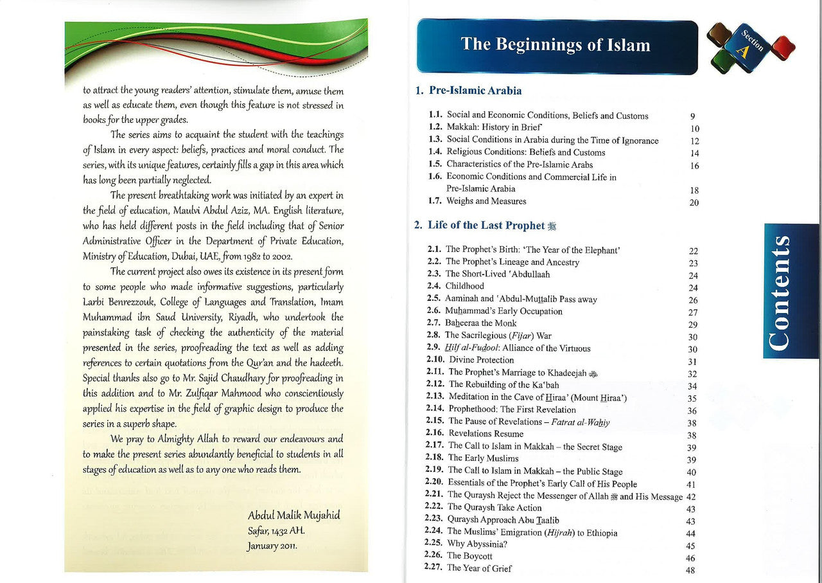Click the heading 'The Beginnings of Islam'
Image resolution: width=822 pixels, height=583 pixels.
click(555, 45)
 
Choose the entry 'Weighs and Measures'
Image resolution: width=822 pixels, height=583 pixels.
click(486, 201)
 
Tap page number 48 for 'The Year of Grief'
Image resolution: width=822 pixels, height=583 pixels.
click(691, 570)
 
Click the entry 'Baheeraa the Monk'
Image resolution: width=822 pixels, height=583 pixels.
click(481, 323)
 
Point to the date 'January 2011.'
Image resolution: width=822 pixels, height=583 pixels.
click(272, 546)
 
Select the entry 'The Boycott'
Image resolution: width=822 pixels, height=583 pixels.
click(469, 557)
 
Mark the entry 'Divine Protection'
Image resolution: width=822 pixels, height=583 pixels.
click(481, 360)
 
